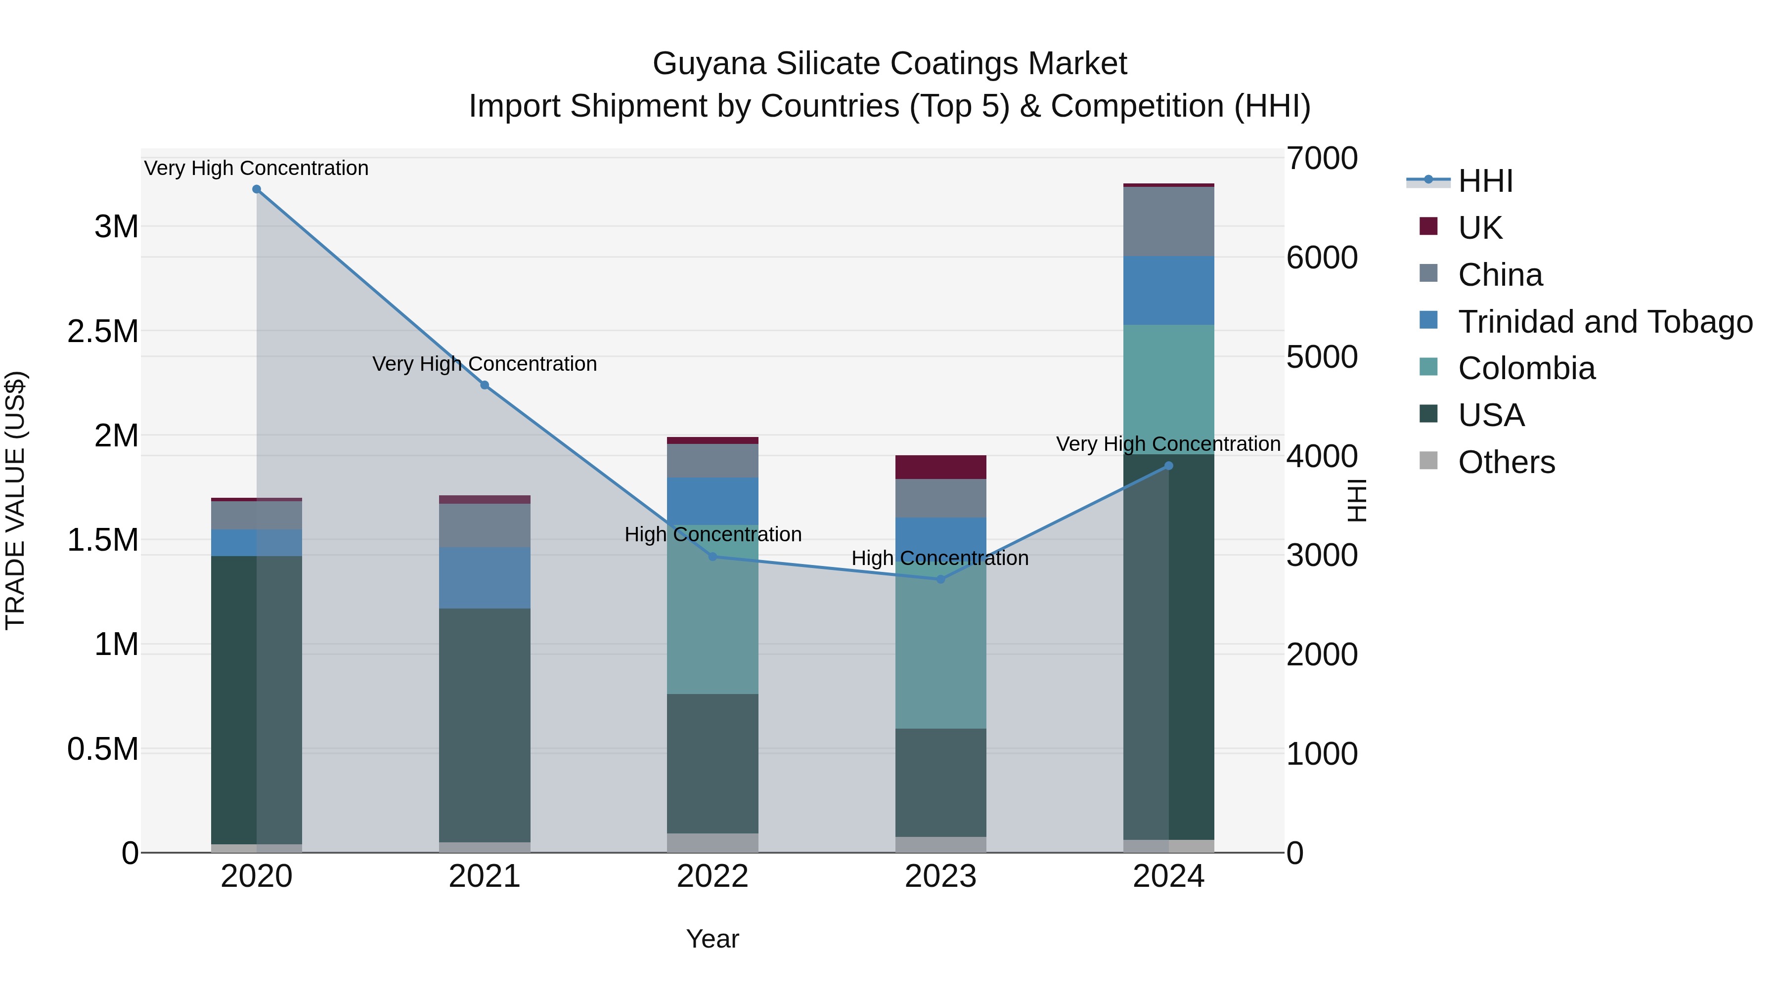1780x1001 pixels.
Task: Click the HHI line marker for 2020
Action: pyautogui.click(x=256, y=189)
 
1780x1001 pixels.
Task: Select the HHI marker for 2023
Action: pyautogui.click(x=940, y=579)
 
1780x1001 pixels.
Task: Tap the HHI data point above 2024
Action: pyautogui.click(x=1168, y=466)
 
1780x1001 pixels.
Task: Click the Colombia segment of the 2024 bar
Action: pyautogui.click(x=1168, y=389)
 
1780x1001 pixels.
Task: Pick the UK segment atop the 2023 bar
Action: pyautogui.click(x=940, y=467)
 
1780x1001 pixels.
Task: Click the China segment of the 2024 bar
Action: pyautogui.click(x=1168, y=222)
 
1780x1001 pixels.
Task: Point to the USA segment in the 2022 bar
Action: pyautogui.click(x=712, y=763)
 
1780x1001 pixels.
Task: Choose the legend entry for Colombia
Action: pyautogui.click(x=1526, y=368)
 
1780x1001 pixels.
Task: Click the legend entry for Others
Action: pyautogui.click(x=1507, y=462)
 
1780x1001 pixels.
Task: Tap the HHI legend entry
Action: pyautogui.click(x=1486, y=181)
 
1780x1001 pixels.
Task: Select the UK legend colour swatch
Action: pyautogui.click(x=1428, y=226)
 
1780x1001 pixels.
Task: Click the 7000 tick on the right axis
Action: pyautogui.click(x=1321, y=158)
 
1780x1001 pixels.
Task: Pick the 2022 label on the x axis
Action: pyautogui.click(x=712, y=876)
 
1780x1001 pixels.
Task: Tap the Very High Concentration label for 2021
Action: pyautogui.click(x=485, y=363)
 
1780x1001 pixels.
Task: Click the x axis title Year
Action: pyautogui.click(x=712, y=939)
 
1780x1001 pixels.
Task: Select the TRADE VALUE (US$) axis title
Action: pyautogui.click(x=15, y=500)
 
